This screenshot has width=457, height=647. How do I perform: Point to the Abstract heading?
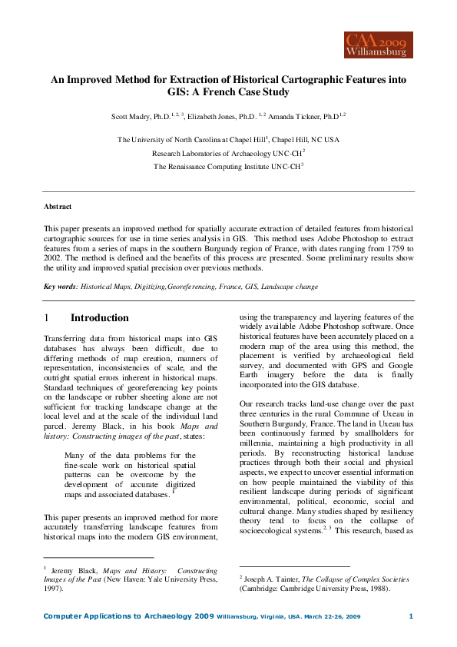(x=58, y=207)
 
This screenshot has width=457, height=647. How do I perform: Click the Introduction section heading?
(x=100, y=318)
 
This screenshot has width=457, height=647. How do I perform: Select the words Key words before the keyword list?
(x=60, y=287)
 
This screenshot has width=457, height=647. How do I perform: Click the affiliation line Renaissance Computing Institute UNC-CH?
(x=227, y=166)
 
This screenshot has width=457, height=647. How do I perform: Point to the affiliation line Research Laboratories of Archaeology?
(x=227, y=153)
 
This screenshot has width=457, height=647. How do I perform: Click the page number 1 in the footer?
(x=411, y=616)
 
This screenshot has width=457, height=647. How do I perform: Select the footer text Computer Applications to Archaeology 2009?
(x=128, y=616)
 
